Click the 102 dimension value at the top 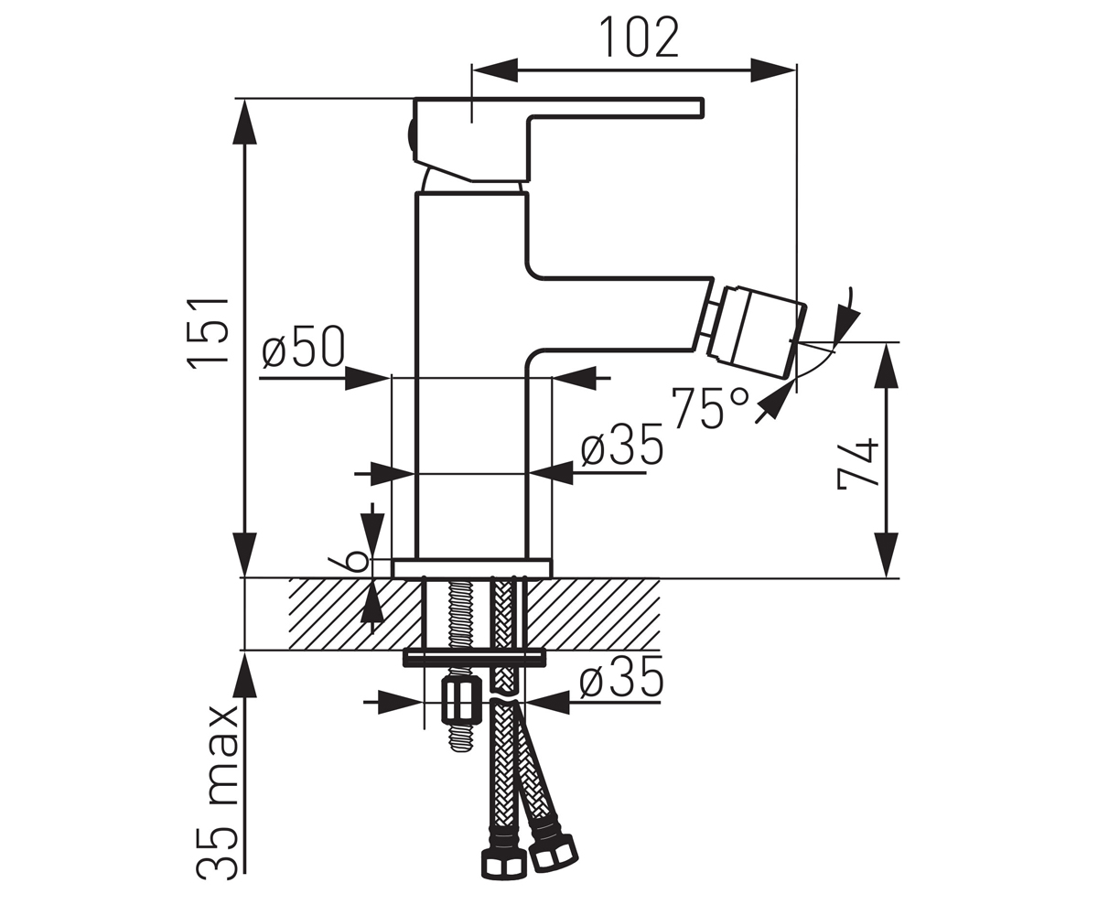click(x=639, y=38)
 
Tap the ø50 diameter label click(x=304, y=347)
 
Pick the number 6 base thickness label click(x=357, y=562)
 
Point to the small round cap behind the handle click(x=409, y=136)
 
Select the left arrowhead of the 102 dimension click(x=495, y=70)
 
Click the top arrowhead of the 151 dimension click(x=244, y=122)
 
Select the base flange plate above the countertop click(x=472, y=568)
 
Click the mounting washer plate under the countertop click(x=474, y=659)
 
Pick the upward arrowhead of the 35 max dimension click(x=244, y=674)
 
